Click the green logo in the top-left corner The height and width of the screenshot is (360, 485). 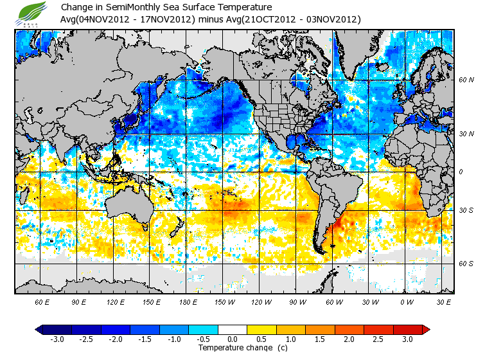[x=30, y=13]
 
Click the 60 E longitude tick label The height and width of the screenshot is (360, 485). [x=42, y=302]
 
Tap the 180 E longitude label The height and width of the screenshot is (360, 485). [x=188, y=302]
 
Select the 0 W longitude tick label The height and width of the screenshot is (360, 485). [x=406, y=302]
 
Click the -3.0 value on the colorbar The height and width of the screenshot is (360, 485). [x=57, y=339]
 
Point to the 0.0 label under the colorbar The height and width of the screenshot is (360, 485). [x=233, y=339]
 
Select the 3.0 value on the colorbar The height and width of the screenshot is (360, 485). [x=407, y=339]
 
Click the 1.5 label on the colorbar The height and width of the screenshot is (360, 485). [x=319, y=339]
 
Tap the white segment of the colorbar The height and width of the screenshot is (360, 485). [x=233, y=329]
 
